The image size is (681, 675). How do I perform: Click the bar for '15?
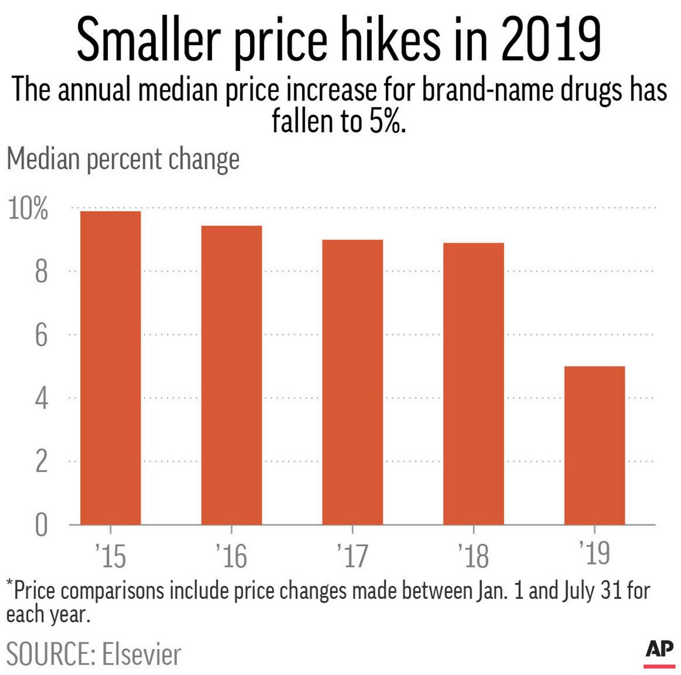(110, 368)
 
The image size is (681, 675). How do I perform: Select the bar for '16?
(231, 375)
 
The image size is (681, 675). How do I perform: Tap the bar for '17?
(352, 382)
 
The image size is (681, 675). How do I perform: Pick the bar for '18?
(474, 384)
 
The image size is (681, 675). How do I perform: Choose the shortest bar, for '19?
(594, 445)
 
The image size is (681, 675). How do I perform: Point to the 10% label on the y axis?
(28, 209)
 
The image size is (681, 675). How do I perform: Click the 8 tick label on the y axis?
(41, 272)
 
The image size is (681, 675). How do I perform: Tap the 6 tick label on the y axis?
(41, 335)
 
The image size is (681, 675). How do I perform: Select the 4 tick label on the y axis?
(41, 399)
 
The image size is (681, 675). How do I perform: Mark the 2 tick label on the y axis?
(41, 462)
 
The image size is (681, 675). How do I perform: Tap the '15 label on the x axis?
(111, 555)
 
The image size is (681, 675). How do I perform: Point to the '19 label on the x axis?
(594, 553)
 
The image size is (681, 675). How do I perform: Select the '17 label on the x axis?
(352, 555)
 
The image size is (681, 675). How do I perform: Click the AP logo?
(659, 651)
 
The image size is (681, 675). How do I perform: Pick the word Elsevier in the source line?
(142, 654)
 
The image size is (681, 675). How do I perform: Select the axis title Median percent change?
(123, 159)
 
